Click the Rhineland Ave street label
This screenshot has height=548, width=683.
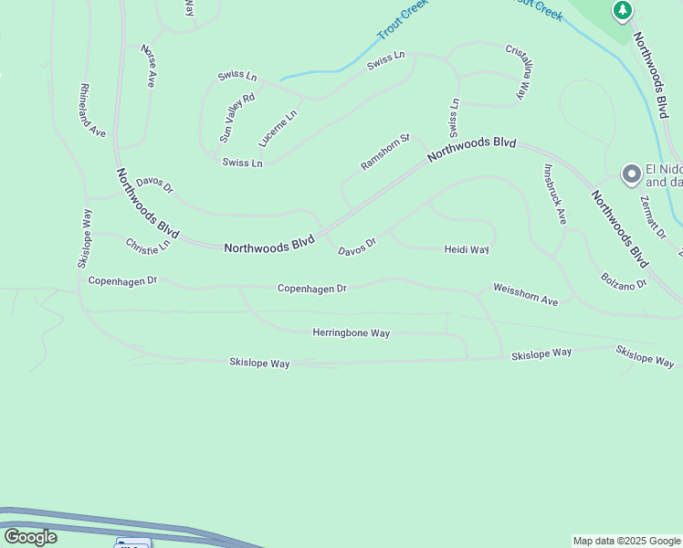(x=93, y=111)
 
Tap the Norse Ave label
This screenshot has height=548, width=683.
(x=147, y=66)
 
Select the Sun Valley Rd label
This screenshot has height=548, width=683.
(x=236, y=117)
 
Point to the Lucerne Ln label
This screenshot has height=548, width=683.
(x=278, y=129)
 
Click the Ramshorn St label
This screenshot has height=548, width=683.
(x=386, y=153)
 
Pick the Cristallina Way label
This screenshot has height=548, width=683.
(x=517, y=70)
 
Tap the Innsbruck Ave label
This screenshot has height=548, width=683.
(x=555, y=194)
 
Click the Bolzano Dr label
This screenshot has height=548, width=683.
(x=624, y=280)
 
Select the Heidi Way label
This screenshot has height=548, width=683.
(x=467, y=249)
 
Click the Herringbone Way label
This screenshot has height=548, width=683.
(x=351, y=333)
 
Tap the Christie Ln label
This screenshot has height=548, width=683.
(x=148, y=247)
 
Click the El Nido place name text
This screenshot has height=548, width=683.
(x=664, y=169)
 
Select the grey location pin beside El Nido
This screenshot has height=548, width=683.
(x=630, y=174)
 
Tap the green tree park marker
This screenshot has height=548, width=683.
(x=623, y=11)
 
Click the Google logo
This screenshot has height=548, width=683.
(x=29, y=537)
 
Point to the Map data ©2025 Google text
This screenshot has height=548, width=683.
(x=626, y=541)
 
